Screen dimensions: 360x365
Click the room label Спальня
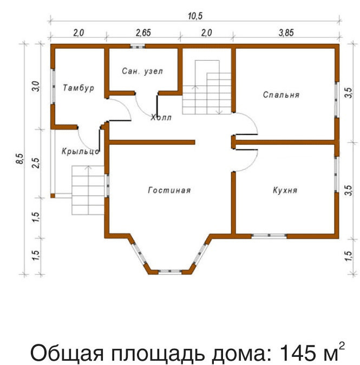[x=281, y=95]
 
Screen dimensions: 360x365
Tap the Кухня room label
[x=285, y=190]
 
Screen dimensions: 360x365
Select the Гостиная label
[x=169, y=190]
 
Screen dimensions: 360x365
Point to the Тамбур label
[x=78, y=88]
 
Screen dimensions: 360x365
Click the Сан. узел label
[x=142, y=71]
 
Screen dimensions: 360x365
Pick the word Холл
[x=161, y=118]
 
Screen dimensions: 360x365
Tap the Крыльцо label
[x=81, y=152]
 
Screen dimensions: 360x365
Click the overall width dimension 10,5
[x=195, y=16]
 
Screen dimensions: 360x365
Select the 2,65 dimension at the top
[x=143, y=32]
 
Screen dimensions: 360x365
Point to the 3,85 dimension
[x=286, y=32]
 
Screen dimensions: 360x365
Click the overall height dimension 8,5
[x=20, y=159]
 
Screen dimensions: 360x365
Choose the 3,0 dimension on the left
[x=36, y=86]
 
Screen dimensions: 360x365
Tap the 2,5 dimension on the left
[x=36, y=163]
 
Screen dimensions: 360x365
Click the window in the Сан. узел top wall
[x=138, y=47]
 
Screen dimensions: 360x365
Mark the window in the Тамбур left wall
[x=53, y=86]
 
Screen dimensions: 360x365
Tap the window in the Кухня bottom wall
[x=269, y=236]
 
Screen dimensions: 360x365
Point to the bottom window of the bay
[x=170, y=271]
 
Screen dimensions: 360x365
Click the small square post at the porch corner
[x=53, y=195]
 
